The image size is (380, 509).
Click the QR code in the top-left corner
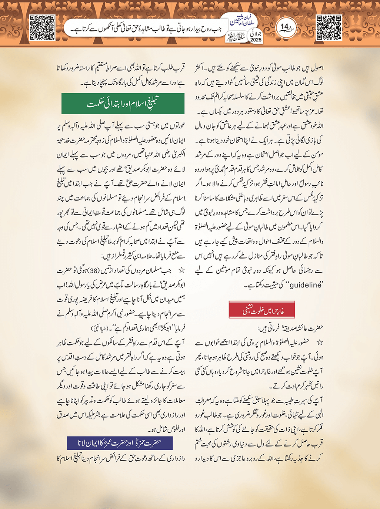pyautogui.click(x=42, y=27)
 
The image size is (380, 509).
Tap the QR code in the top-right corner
pyautogui.click(x=329, y=27)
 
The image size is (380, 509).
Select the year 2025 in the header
pyautogui.click(x=255, y=40)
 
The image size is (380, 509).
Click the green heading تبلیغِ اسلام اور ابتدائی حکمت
pyautogui.click(x=123, y=104)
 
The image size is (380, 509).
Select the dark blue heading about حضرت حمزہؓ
pyautogui.click(x=119, y=442)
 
